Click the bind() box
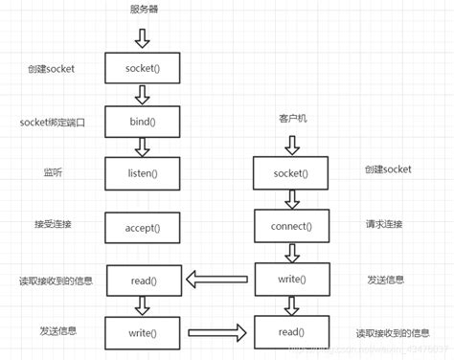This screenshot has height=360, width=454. [x=142, y=123]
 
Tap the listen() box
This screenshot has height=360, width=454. [x=142, y=173]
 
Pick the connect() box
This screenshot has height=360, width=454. [x=291, y=227]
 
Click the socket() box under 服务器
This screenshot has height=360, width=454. [x=142, y=69]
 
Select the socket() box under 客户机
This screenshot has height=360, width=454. [x=291, y=173]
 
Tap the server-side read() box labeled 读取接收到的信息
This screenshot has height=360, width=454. [x=142, y=281]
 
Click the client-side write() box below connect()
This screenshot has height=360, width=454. [x=291, y=280]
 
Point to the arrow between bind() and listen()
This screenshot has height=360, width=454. [x=142, y=147]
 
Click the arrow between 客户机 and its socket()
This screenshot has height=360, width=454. [x=291, y=143]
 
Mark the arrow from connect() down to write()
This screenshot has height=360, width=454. [x=291, y=253]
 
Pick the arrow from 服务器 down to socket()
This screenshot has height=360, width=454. [x=142, y=38]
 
